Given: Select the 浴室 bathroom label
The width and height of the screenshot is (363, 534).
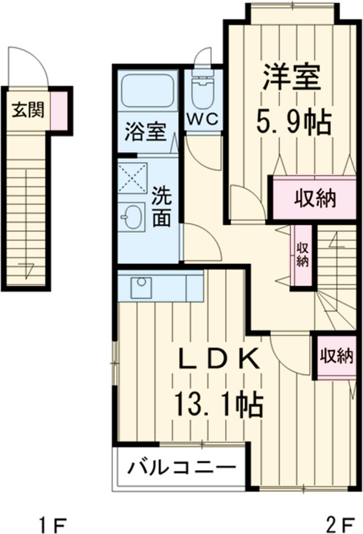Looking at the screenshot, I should pyautogui.click(x=145, y=131).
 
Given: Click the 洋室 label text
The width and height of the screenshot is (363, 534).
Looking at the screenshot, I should pyautogui.click(x=291, y=77).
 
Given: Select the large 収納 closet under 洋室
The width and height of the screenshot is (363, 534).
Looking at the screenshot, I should pyautogui.click(x=315, y=199).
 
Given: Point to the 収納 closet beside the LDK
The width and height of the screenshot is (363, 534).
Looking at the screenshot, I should pyautogui.click(x=336, y=356).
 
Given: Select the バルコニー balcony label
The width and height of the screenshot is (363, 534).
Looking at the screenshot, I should pyautogui.click(x=180, y=468).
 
